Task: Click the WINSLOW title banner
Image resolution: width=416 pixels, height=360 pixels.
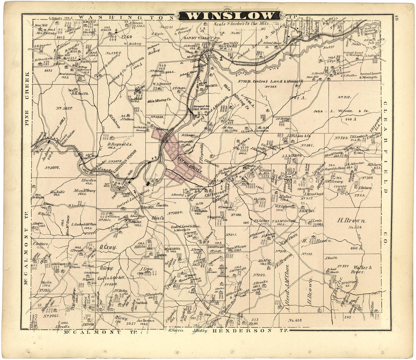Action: tap(230, 16)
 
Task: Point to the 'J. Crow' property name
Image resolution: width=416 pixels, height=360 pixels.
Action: tap(145, 270)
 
